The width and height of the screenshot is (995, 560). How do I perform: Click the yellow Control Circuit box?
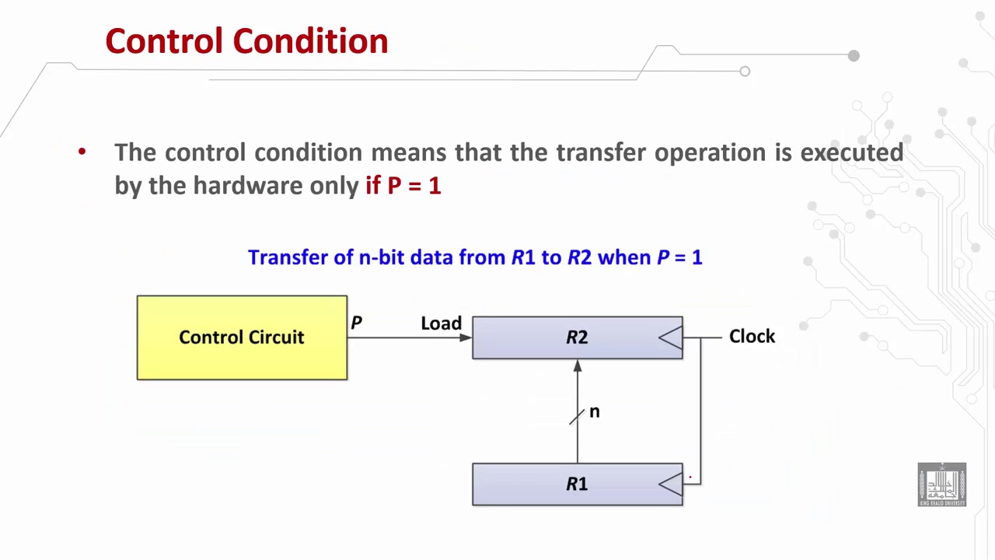(242, 338)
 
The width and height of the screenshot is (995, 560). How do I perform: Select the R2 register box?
(577, 338)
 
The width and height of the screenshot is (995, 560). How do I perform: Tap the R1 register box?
(577, 484)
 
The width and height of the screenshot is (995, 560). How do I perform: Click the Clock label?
(752, 336)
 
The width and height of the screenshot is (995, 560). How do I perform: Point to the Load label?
(441, 324)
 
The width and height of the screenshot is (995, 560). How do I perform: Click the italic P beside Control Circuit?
(356, 322)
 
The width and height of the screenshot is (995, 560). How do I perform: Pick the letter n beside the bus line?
(595, 411)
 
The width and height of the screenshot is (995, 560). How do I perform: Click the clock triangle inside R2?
(671, 338)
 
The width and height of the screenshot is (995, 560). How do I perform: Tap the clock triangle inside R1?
(671, 484)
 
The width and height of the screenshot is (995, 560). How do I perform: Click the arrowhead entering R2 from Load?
(466, 338)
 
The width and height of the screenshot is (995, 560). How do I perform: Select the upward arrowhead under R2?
(577, 366)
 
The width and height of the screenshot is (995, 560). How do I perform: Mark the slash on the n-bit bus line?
(576, 418)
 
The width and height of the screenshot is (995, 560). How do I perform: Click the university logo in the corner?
(941, 485)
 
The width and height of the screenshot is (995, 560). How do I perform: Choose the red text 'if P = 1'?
(403, 185)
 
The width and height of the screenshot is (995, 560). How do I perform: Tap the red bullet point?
(82, 152)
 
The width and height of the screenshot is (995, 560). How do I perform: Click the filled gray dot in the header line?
(854, 56)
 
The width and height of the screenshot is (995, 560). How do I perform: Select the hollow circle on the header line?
(745, 72)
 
